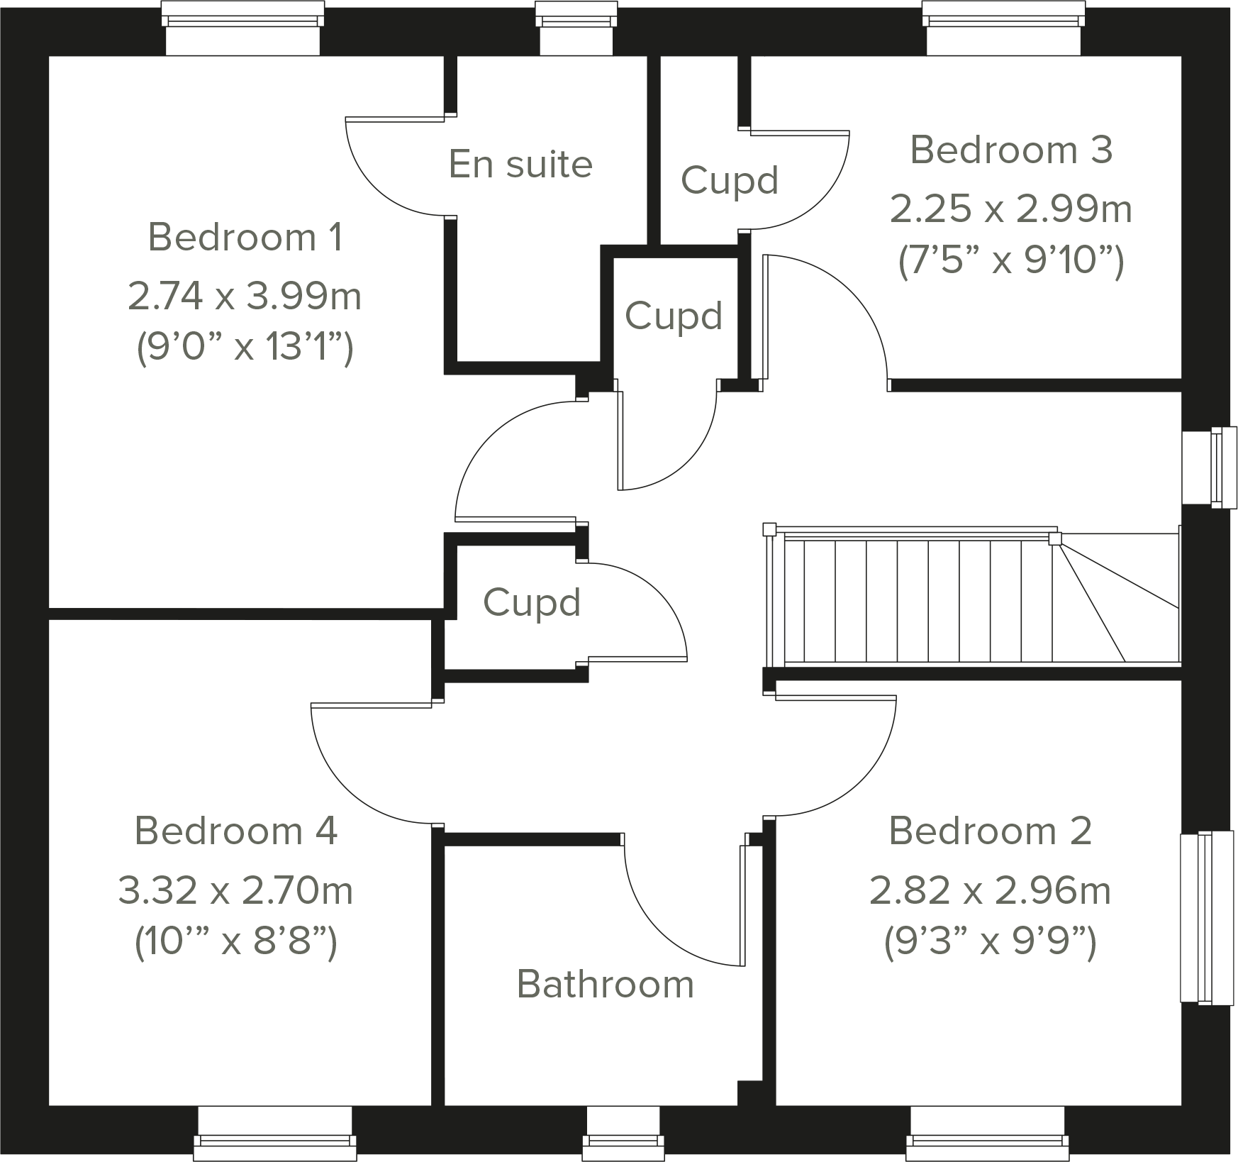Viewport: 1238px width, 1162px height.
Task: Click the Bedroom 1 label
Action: tap(245, 237)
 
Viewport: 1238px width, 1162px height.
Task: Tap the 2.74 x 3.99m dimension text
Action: tap(245, 296)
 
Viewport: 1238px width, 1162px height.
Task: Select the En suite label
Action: tap(520, 165)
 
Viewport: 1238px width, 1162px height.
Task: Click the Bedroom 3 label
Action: tap(1011, 150)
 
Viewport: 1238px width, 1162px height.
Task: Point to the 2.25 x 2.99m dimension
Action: tap(1011, 209)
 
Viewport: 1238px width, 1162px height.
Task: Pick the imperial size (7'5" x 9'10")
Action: tap(1011, 262)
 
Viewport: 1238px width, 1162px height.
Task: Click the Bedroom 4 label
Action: tap(235, 831)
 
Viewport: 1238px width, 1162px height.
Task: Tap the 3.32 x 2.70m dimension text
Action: tap(235, 890)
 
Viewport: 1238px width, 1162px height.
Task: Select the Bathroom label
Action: tap(605, 984)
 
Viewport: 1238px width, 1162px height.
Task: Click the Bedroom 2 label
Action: tap(990, 831)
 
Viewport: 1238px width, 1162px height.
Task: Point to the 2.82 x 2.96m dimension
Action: tap(990, 890)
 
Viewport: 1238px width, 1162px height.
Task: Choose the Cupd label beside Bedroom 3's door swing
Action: tap(730, 180)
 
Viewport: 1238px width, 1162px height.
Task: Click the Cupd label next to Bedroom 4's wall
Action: tap(532, 603)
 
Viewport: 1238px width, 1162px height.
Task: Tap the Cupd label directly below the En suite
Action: tap(674, 316)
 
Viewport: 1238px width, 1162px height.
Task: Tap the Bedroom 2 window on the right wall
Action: tap(1205, 917)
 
